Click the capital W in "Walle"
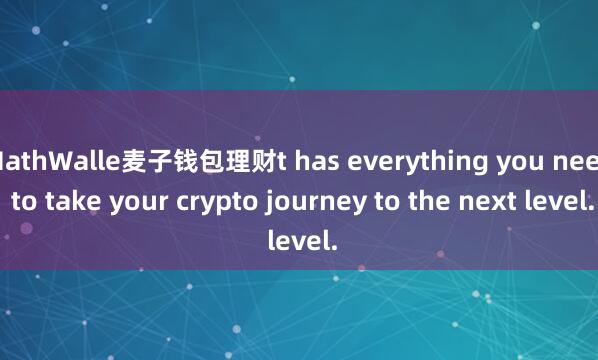(53, 160)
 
